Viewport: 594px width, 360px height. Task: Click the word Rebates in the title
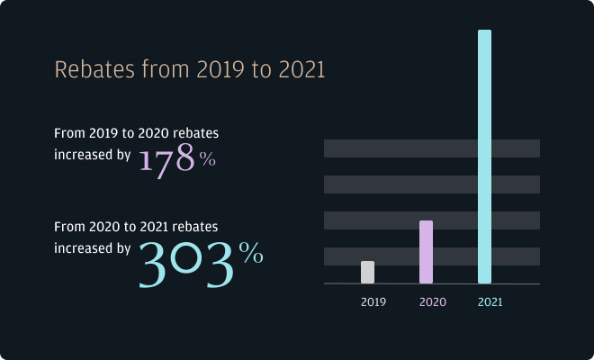click(91, 69)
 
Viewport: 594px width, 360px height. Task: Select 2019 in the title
click(212, 69)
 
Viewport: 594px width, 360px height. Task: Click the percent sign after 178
click(208, 160)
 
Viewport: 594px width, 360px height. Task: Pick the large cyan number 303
click(186, 262)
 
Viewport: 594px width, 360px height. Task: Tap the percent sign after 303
click(251, 254)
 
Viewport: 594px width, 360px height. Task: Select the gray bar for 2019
click(367, 272)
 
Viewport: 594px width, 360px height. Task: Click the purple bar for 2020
click(426, 252)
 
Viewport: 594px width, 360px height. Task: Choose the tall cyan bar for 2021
click(484, 157)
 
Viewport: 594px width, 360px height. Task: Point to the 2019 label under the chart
click(373, 302)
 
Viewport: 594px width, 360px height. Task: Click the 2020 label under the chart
click(432, 302)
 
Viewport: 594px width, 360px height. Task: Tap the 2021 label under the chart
click(490, 302)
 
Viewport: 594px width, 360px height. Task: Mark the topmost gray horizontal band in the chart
click(432, 148)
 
